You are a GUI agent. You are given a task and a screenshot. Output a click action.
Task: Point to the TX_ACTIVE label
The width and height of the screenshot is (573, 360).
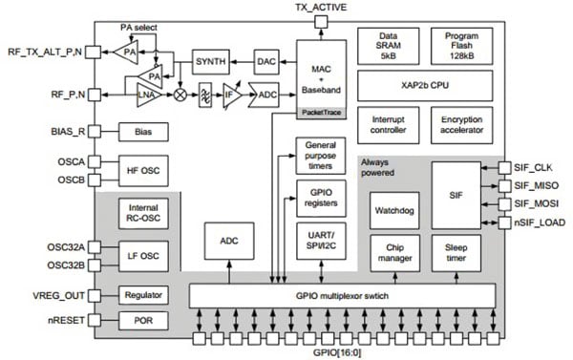[319, 8]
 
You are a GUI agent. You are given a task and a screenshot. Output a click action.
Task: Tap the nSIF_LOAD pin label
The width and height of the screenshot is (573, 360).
[540, 222]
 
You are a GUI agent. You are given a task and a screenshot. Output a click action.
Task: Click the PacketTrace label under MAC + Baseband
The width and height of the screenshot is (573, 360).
[319, 112]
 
